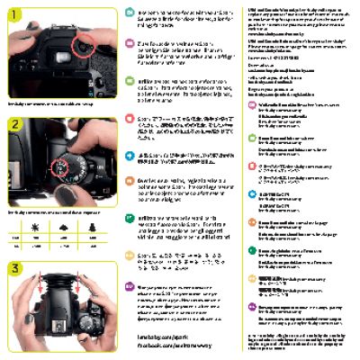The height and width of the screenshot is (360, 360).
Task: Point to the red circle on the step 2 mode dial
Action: (x=59, y=165)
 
